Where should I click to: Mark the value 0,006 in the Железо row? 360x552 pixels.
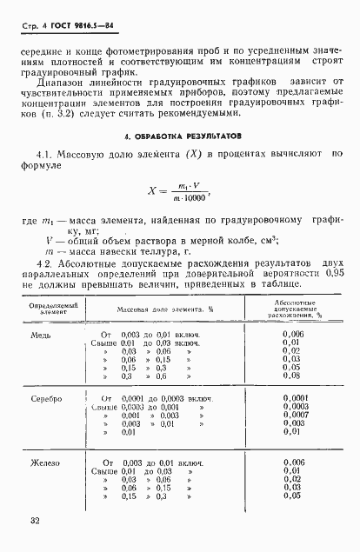[x=293, y=462]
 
